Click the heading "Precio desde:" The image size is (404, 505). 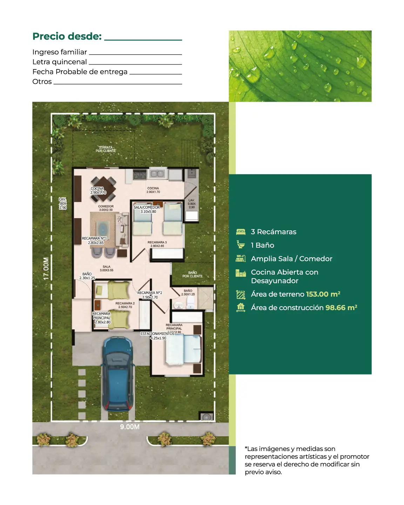click(x=67, y=36)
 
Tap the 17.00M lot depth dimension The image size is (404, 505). click(x=46, y=269)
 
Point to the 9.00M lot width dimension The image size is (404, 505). click(x=130, y=427)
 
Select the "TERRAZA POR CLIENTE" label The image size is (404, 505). click(x=106, y=149)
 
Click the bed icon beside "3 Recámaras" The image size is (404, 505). click(x=241, y=232)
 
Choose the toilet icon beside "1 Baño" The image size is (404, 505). click(x=241, y=245)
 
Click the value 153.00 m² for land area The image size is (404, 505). click(x=323, y=294)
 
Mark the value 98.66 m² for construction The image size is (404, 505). click(x=341, y=308)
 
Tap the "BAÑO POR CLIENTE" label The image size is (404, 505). click(x=192, y=274)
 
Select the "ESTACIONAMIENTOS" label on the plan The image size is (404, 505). click(x=157, y=334)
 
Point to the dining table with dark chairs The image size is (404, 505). click(x=104, y=189)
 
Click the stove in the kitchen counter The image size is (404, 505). click(x=140, y=174)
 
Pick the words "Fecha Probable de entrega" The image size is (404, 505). click(x=80, y=72)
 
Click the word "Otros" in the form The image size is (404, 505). click(x=42, y=82)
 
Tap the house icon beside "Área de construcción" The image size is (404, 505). click(x=241, y=308)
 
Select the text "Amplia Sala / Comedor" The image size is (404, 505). click(x=291, y=259)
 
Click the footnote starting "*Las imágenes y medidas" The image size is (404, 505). click(x=307, y=460)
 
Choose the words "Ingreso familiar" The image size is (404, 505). click(x=60, y=52)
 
